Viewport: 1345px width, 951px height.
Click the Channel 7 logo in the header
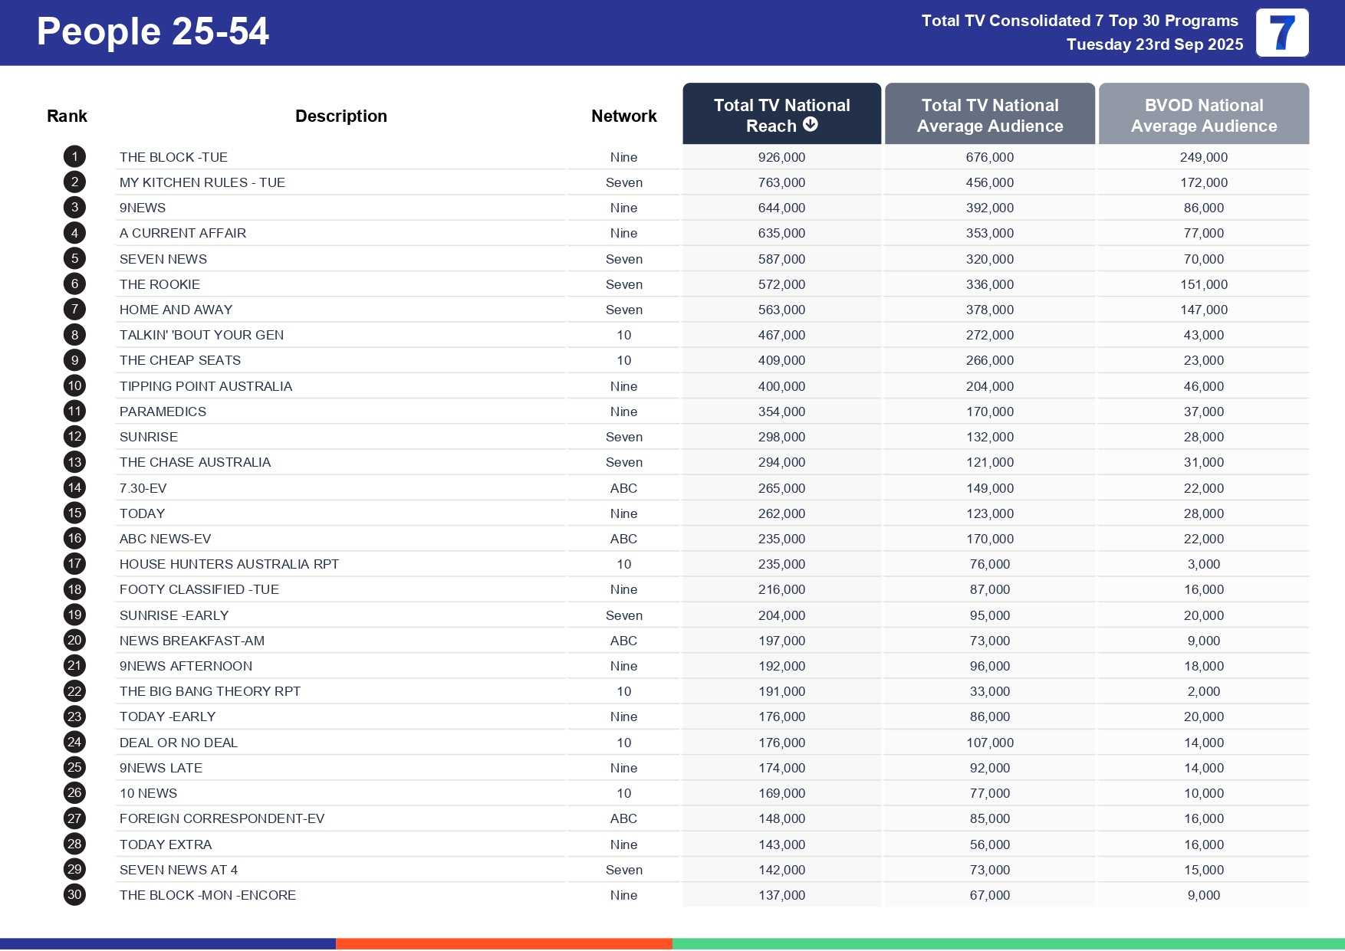click(1281, 33)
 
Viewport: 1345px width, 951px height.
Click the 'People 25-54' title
click(153, 32)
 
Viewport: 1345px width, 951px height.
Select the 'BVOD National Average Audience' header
click(1203, 115)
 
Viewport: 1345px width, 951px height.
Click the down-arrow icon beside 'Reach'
click(811, 125)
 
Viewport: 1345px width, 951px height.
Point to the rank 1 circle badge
click(74, 157)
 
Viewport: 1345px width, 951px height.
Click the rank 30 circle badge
click(74, 895)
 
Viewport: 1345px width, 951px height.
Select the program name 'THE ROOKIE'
click(159, 284)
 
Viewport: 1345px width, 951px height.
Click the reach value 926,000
click(781, 157)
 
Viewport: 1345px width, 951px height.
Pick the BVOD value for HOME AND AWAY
click(1203, 310)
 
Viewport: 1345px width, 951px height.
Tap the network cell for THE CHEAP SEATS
click(623, 360)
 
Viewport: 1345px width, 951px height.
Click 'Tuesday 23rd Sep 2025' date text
click(1154, 44)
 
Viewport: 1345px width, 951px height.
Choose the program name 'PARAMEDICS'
click(163, 412)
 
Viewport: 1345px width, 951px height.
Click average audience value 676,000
click(989, 157)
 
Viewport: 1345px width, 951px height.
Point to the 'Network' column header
click(623, 116)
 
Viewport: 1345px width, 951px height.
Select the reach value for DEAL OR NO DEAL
click(781, 743)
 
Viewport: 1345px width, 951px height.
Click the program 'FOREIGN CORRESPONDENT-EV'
click(222, 818)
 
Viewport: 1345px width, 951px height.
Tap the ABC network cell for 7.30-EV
click(623, 488)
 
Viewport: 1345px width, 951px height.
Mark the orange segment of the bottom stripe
click(504, 943)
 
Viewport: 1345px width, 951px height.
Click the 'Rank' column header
click(67, 116)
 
